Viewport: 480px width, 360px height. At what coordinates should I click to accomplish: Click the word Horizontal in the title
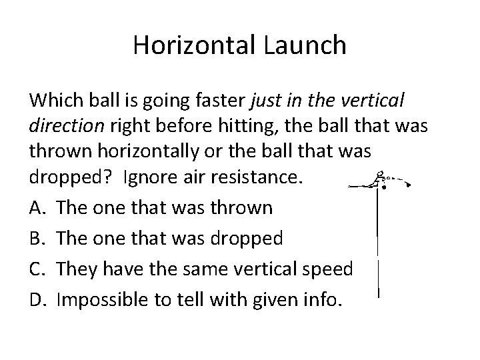(x=190, y=45)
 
